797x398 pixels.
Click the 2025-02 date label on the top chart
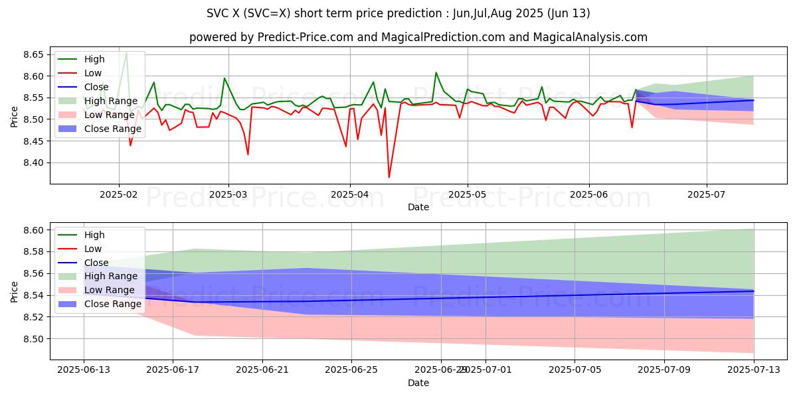(119, 196)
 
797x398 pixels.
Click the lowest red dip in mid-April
(389, 176)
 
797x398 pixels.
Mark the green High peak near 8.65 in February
(126, 53)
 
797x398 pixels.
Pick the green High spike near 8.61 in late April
(436, 73)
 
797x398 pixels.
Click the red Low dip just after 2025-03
(248, 155)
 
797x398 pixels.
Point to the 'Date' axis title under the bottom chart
(418, 383)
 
